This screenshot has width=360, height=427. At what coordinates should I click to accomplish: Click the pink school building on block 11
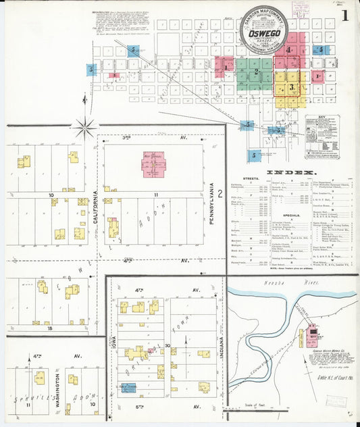[x=153, y=164]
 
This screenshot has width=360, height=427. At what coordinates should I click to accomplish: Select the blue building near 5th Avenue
[x=128, y=387]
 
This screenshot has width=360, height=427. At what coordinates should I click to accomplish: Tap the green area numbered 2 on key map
[x=255, y=70]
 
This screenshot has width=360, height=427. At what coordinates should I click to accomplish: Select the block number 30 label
[x=167, y=345]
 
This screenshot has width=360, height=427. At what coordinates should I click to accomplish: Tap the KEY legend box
[x=322, y=138]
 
